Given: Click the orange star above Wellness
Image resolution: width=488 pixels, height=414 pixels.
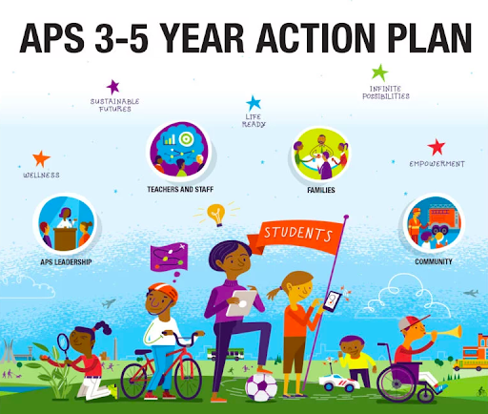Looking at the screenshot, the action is [x=41, y=158].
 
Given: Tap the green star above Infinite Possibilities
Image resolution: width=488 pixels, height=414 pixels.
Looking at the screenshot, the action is [x=380, y=72].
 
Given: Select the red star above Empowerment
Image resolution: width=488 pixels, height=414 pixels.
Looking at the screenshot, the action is [x=437, y=147].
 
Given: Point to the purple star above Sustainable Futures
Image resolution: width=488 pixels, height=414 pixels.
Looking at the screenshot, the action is [x=112, y=87].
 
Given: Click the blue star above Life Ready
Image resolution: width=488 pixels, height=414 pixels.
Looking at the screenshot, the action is [x=254, y=103].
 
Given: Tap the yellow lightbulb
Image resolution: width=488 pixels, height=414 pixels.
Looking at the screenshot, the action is [x=216, y=214].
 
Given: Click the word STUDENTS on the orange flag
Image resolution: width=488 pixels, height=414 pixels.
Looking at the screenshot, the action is [x=298, y=234].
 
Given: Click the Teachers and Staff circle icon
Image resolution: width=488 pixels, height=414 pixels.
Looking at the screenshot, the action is [x=180, y=151].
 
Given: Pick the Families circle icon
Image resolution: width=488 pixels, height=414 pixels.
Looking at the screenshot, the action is [x=320, y=155].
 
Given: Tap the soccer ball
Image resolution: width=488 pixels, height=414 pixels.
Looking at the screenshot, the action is [x=261, y=387].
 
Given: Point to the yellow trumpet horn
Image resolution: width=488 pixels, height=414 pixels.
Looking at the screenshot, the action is [x=449, y=332].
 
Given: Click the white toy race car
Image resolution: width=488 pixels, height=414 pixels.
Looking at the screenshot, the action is [x=339, y=383].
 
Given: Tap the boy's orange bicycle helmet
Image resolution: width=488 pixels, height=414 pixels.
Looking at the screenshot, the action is [x=163, y=291].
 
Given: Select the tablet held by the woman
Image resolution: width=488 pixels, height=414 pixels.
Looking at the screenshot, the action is [x=241, y=303].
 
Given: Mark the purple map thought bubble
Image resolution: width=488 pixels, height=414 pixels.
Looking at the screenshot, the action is [x=169, y=257].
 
